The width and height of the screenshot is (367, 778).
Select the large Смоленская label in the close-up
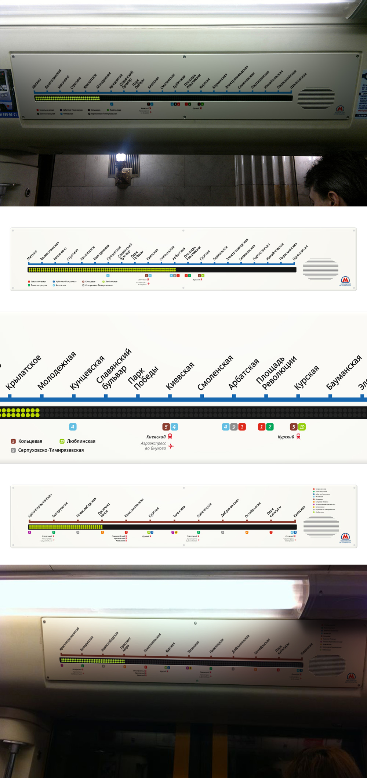tap(215, 373)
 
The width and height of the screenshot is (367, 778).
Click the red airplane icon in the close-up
tap(171, 446)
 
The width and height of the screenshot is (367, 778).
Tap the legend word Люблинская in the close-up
tap(81, 441)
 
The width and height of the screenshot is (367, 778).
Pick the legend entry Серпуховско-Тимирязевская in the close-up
tap(51, 450)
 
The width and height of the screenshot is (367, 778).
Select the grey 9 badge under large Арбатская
tap(234, 427)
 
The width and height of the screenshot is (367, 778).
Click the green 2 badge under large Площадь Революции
tap(270, 427)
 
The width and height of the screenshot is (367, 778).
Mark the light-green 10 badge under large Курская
tap(302, 427)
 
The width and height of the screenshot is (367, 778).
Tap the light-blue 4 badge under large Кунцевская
tap(73, 427)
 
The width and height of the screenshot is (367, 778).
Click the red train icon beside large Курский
tap(298, 436)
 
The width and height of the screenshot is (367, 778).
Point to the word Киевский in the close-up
tap(156, 437)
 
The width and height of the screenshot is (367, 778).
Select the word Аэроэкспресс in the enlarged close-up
tap(153, 443)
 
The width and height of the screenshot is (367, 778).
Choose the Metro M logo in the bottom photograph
tap(351, 676)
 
